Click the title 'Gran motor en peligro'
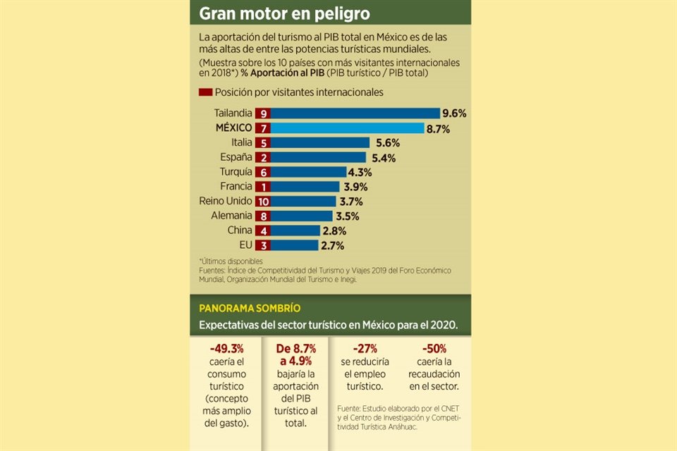tap(284, 14)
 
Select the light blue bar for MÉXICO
tap(348, 128)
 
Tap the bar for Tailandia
tap(355, 113)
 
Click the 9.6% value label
tap(454, 113)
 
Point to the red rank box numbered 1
tap(263, 187)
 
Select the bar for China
tap(294, 230)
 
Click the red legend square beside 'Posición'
tap(206, 92)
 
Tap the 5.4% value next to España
tap(382, 158)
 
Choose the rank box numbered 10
tap(263, 202)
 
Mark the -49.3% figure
tap(227, 348)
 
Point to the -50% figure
tap(434, 348)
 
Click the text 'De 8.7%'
tap(295, 348)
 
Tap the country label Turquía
tap(233, 172)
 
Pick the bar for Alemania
tap(303, 216)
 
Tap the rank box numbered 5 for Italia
tap(263, 143)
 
